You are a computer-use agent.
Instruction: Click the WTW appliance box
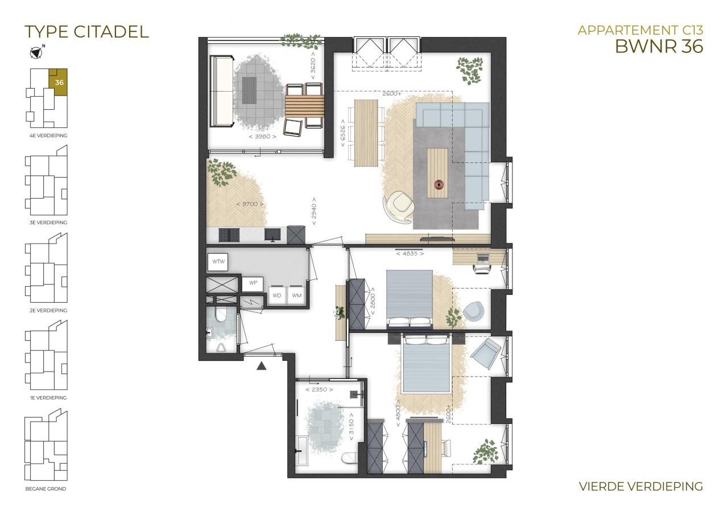pyautogui.click(x=218, y=262)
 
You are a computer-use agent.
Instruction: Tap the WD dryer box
pyautogui.click(x=277, y=295)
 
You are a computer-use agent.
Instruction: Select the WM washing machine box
pyautogui.click(x=296, y=295)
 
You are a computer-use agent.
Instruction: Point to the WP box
pyautogui.click(x=253, y=283)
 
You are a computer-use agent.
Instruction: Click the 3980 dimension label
pyautogui.click(x=263, y=137)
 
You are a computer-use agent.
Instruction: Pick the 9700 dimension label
pyautogui.click(x=250, y=204)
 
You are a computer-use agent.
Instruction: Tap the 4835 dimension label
pyautogui.click(x=410, y=254)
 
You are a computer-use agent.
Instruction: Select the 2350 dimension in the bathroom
pyautogui.click(x=319, y=389)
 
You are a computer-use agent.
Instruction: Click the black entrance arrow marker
pyautogui.click(x=261, y=366)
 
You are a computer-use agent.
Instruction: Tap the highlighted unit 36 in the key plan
pyautogui.click(x=58, y=83)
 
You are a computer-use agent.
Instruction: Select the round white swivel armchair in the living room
pyautogui.click(x=399, y=207)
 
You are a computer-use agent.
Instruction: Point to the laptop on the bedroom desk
pyautogui.click(x=482, y=258)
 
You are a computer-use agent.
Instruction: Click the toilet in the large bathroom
pyautogui.click(x=350, y=458)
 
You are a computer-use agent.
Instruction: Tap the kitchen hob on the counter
pyautogui.click(x=229, y=235)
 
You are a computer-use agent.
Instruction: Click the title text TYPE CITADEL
pyautogui.click(x=87, y=32)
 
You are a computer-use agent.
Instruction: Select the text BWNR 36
pyautogui.click(x=659, y=46)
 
